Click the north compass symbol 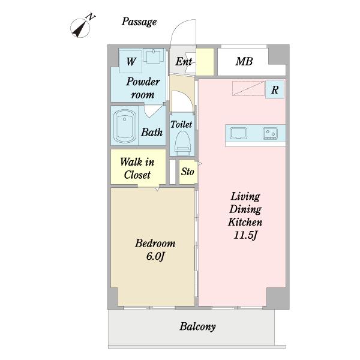point(80,28)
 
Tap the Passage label point(139,22)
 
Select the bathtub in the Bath point(125,126)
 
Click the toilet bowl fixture point(182,143)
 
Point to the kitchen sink point(238,133)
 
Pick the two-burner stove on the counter point(270,133)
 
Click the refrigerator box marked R point(275,89)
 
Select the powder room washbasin point(154,55)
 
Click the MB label point(244,61)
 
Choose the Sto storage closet point(188,172)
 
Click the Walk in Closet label point(137,168)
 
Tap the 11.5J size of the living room point(245,235)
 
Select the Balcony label point(197,327)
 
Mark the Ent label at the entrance point(184,62)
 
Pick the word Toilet point(181,124)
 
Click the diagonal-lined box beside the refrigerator point(248,88)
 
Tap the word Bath point(152,132)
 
